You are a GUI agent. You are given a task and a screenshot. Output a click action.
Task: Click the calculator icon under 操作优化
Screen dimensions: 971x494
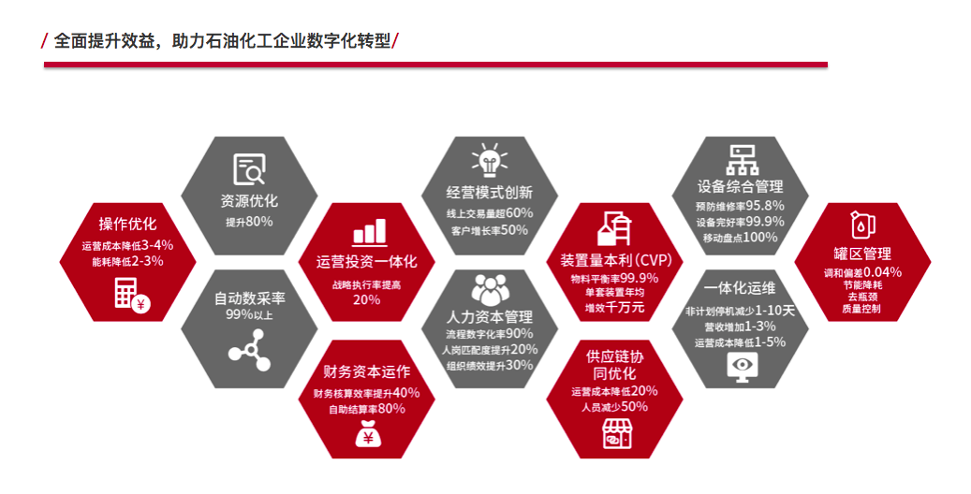pos(132,294)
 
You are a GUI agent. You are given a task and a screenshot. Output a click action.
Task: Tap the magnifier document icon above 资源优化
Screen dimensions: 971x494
pos(250,169)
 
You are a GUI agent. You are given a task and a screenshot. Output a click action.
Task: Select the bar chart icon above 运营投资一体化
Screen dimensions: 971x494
pos(370,233)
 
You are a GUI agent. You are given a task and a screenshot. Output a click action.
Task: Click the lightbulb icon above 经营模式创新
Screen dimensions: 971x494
pos(489,160)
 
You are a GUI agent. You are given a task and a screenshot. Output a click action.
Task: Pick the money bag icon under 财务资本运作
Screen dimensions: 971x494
pos(368,433)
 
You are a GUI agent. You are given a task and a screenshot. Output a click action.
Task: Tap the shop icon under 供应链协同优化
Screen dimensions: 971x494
pos(617,433)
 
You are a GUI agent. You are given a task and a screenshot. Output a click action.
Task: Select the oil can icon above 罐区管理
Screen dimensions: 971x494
pos(862,225)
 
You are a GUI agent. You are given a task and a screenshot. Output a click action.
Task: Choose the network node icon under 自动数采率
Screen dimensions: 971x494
pos(250,350)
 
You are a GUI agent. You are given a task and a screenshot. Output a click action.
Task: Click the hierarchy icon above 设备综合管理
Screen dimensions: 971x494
pos(742,160)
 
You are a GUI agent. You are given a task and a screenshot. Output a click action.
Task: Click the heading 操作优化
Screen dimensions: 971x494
pos(127,225)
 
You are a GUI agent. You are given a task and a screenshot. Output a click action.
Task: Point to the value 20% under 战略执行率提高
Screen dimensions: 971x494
pos(367,299)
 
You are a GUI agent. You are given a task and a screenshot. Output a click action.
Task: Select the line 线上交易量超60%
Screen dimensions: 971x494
pos(489,213)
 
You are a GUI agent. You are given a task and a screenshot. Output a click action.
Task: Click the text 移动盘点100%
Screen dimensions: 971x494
pos(740,237)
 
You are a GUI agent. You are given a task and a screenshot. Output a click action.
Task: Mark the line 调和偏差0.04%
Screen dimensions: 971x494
pos(862,272)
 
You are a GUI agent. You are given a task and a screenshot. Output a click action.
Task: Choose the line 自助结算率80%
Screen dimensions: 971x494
pos(367,409)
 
